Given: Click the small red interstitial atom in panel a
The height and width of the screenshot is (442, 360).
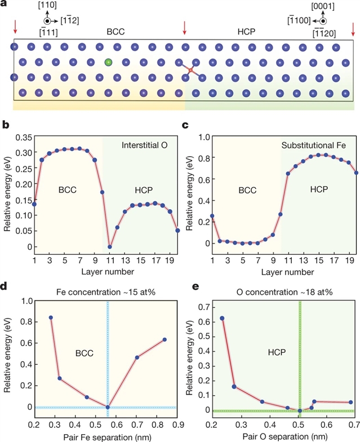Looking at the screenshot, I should coord(192,70).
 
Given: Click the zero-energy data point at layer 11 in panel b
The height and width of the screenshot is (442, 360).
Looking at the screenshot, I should coord(110,246).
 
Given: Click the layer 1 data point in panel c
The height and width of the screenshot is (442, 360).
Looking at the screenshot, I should coord(212,216).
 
